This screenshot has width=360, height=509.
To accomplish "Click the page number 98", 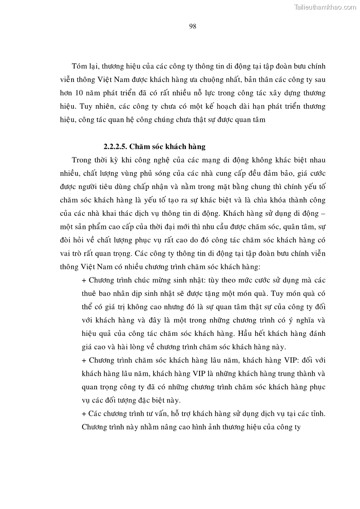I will point(192,26).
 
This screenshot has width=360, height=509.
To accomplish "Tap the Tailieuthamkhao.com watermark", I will point(326,6).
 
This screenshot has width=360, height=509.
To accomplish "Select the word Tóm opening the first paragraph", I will point(80,66).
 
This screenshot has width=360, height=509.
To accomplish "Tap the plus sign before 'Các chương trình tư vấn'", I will point(84,414).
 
